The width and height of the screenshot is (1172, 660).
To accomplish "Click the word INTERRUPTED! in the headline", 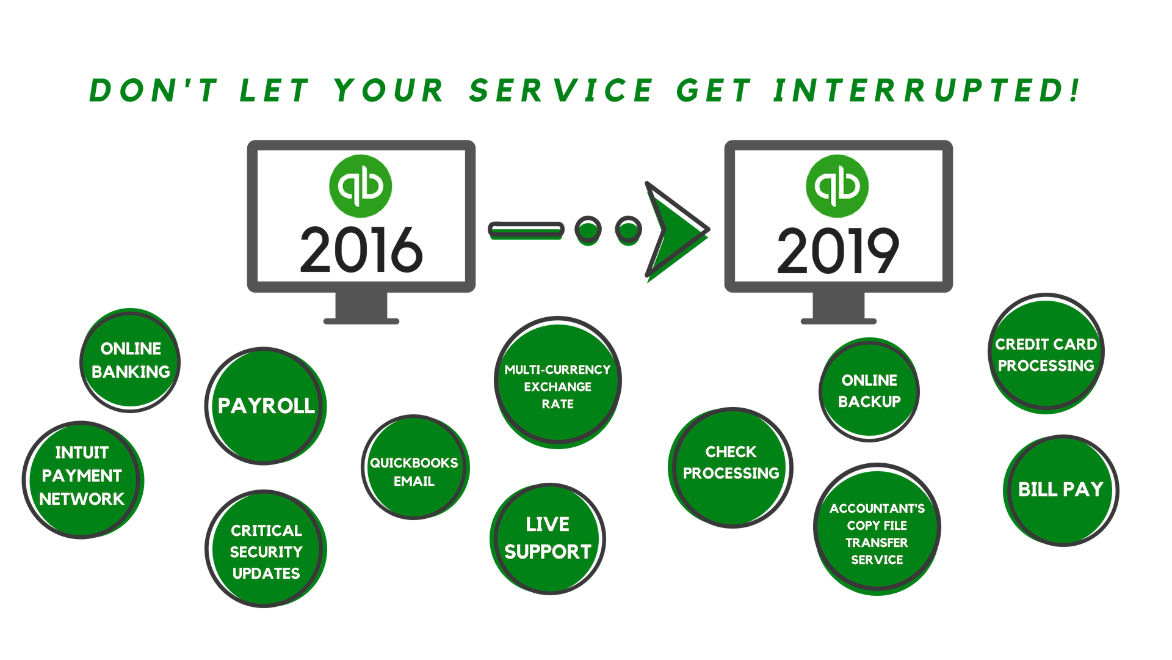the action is [x=927, y=90].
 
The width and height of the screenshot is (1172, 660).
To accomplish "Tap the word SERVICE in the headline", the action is [x=561, y=90].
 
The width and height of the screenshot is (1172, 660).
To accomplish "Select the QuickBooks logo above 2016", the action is [x=361, y=186].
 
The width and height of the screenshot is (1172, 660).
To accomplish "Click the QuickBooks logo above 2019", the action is [x=837, y=186].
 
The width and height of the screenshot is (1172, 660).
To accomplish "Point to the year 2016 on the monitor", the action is [x=361, y=250].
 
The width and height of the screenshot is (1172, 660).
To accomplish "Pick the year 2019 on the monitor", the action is [x=837, y=250].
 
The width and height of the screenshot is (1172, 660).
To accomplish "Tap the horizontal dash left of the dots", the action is [x=526, y=230].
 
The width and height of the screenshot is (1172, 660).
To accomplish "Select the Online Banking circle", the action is [x=130, y=360].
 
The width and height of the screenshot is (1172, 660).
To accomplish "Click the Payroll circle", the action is [x=266, y=406].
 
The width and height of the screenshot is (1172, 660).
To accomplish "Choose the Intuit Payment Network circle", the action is [x=82, y=480].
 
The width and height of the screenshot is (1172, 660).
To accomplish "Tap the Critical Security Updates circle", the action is [x=266, y=549].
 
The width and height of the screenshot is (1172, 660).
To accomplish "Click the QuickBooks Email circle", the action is [x=414, y=468].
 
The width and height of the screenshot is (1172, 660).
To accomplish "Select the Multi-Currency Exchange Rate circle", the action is [x=557, y=382].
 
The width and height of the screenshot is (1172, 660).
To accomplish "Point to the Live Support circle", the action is [x=548, y=538].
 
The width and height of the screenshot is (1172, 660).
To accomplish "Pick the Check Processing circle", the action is [x=731, y=468].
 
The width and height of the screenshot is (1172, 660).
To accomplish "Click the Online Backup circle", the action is [x=869, y=390].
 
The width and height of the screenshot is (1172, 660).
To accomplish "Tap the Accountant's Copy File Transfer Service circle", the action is [x=877, y=529].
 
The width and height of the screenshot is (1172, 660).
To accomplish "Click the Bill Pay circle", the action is [x=1061, y=490].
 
